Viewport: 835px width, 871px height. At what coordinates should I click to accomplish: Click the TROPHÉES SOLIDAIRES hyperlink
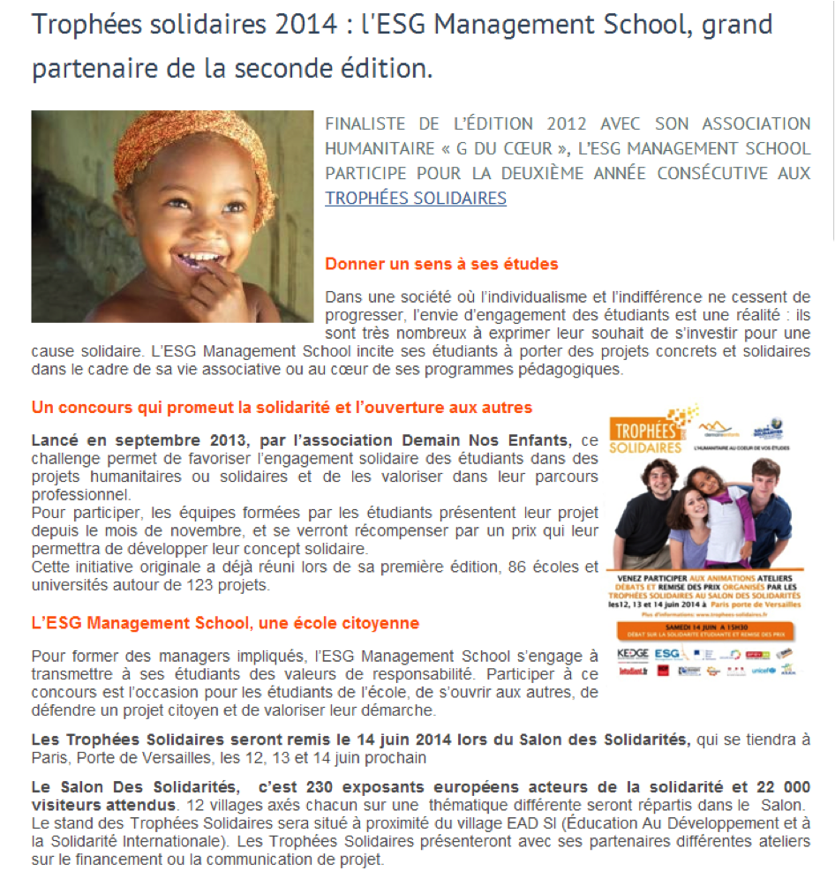416,198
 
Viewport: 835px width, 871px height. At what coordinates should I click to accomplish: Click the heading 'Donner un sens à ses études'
441,264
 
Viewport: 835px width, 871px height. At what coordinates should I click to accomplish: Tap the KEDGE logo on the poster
633,654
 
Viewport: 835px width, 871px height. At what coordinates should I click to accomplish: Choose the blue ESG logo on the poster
667,654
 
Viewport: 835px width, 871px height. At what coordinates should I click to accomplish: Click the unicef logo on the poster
764,670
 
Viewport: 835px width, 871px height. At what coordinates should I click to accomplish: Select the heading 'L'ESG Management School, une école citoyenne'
225,623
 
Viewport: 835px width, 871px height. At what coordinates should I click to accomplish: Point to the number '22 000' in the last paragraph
784,787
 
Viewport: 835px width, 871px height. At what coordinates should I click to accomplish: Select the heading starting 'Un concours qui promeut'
282,407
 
